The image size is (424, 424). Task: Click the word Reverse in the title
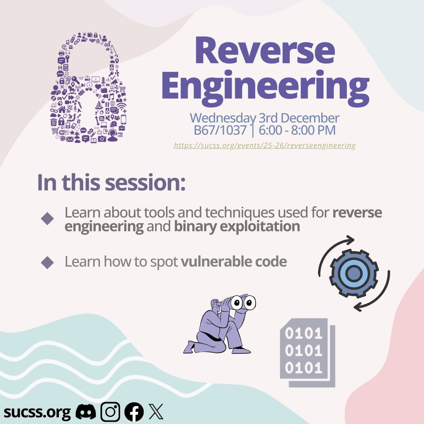click(x=265, y=52)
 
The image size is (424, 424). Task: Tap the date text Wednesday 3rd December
click(x=265, y=118)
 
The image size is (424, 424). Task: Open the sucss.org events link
click(x=265, y=146)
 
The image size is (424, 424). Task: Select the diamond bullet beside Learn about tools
click(x=47, y=218)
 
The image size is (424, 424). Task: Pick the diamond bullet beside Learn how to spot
click(x=47, y=262)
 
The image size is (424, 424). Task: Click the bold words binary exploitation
click(x=237, y=227)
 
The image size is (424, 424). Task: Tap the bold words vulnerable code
click(x=234, y=262)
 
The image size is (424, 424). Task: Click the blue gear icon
click(x=354, y=273)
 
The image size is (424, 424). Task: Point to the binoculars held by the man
click(x=243, y=302)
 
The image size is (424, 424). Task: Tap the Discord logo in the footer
click(x=86, y=412)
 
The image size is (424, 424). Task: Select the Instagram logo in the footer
click(x=110, y=412)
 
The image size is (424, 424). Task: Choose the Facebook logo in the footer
click(x=134, y=412)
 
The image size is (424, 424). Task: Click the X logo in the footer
click(x=156, y=412)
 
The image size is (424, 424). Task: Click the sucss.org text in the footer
click(x=37, y=412)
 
